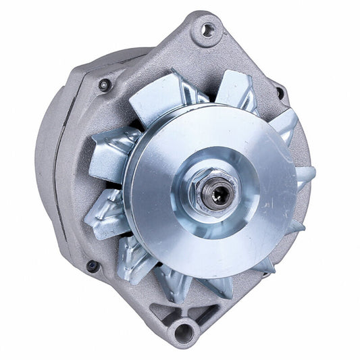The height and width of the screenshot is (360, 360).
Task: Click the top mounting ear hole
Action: pyautogui.click(x=207, y=30)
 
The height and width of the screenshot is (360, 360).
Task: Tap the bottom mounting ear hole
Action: pyautogui.click(x=182, y=332)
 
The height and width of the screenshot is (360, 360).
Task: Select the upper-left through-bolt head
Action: pyautogui.click(x=104, y=85)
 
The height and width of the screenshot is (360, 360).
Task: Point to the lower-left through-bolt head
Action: pyautogui.click(x=93, y=265)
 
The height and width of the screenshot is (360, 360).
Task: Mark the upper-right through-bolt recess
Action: pyautogui.click(x=278, y=88)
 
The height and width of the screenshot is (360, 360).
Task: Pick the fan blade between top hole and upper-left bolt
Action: pyautogui.click(x=159, y=95)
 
